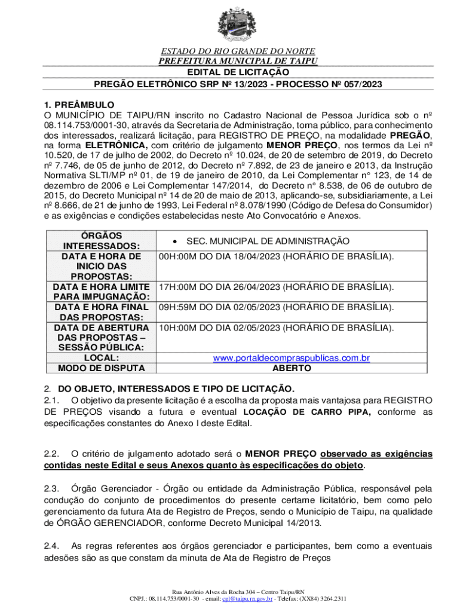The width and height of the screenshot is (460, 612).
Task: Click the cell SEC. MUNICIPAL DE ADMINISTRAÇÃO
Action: tap(275, 240)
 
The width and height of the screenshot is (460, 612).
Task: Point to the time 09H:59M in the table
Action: tap(178, 307)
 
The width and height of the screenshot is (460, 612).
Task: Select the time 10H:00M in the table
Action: tap(178, 328)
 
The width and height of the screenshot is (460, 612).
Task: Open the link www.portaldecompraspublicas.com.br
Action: tap(292, 358)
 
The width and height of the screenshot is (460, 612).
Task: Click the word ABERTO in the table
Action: tap(292, 368)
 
